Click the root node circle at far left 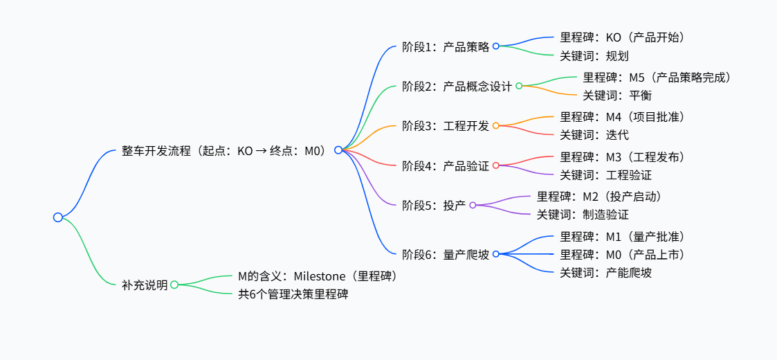[58, 217]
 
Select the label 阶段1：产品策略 [446, 47]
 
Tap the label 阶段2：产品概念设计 [457, 87]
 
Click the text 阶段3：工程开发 [446, 126]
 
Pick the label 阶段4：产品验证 [446, 166]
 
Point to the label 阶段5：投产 [434, 206]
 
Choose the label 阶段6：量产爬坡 [446, 254]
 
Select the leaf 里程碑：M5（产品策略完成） [657, 78]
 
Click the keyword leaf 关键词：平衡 [617, 96]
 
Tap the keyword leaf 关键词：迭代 [594, 135]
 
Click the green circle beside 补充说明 [174, 285]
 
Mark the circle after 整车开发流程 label [338, 150]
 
